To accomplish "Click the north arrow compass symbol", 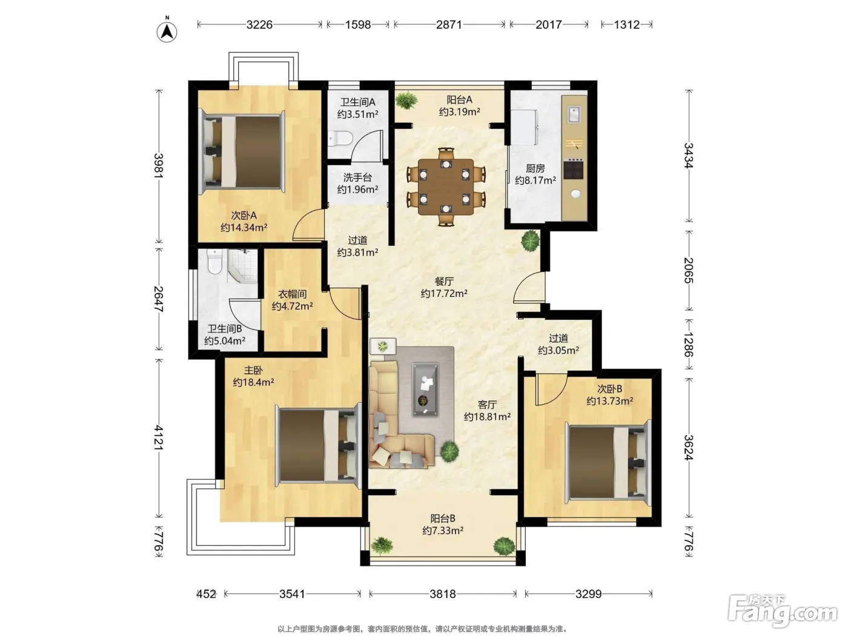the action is tap(167, 31).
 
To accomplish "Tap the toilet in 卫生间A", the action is tap(340, 138).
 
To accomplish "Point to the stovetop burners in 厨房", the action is tap(573, 169).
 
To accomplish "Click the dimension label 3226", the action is tap(259, 25).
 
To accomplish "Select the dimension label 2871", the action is tap(449, 25).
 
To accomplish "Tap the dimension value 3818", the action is tap(442, 594).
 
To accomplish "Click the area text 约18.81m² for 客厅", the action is tap(487, 417).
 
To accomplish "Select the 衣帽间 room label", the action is tap(292, 294).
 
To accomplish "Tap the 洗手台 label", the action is tap(357, 177).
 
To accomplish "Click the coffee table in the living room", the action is tap(425, 389).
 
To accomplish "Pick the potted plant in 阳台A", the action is tap(406, 101).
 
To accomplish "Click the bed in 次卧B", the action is tap(608, 462).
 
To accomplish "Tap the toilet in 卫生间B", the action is tap(214, 261).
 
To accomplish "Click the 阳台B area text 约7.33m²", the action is tap(442, 531).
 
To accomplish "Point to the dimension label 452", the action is tap(206, 594).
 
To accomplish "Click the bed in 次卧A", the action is tap(242, 152).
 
